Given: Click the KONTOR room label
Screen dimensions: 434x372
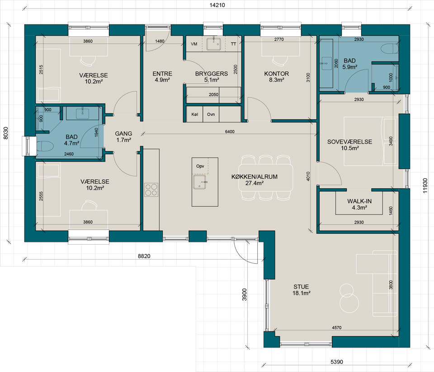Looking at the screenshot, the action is [x=277, y=74].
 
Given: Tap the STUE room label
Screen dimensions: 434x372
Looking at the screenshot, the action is [x=301, y=287].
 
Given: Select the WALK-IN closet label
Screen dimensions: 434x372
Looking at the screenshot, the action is [x=359, y=201].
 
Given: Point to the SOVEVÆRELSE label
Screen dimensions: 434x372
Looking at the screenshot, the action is [x=349, y=142].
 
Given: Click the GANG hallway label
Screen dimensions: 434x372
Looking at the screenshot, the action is [x=123, y=134].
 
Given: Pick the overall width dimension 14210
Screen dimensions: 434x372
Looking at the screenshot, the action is [x=217, y=5].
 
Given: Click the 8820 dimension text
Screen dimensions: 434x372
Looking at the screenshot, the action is [x=144, y=256].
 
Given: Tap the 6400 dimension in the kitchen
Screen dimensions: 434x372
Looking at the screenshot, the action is [x=230, y=131].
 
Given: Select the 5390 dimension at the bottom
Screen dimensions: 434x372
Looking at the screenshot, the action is [x=337, y=362].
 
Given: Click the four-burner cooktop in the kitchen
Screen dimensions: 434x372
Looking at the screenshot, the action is [x=151, y=190].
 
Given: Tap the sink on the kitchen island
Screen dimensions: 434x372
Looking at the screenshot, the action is [x=199, y=182].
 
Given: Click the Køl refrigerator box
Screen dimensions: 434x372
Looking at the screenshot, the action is [x=194, y=114].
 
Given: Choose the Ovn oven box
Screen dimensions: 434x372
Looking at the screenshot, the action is [x=211, y=114].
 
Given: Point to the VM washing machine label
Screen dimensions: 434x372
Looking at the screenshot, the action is [x=194, y=44].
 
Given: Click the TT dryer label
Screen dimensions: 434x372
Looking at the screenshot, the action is [x=234, y=44].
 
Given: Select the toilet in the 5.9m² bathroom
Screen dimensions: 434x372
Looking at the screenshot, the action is [x=390, y=49].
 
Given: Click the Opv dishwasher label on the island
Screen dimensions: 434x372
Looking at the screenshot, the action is [x=200, y=166].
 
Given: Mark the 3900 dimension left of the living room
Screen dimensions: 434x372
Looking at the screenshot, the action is [x=245, y=295].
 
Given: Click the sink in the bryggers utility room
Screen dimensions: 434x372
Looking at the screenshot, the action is [x=214, y=44].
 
